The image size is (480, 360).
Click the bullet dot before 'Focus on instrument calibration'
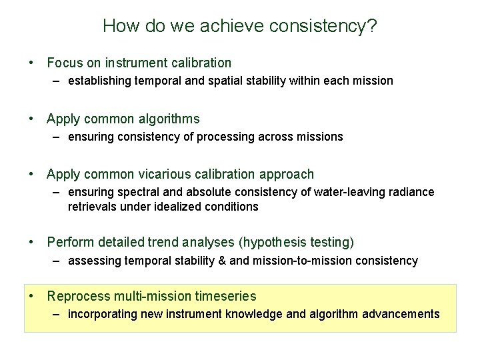click(x=31, y=63)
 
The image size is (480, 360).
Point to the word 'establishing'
click(x=98, y=81)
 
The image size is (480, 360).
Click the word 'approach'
click(x=287, y=175)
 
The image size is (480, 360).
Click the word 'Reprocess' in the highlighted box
click(x=75, y=296)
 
